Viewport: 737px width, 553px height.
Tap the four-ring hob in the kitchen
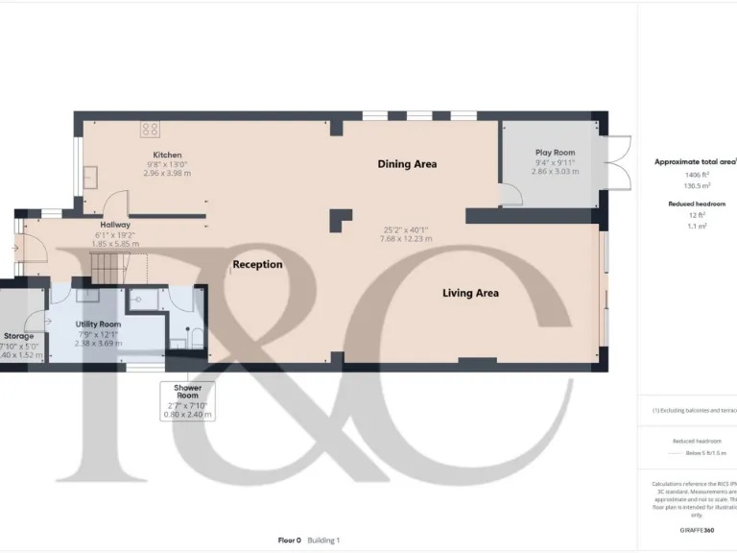pos(150,129)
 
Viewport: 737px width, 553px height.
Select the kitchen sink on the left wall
pos(89,177)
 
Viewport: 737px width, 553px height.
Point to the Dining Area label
pos(406,164)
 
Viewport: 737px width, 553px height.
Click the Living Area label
pos(469,293)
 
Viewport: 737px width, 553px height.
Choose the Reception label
pos(257,264)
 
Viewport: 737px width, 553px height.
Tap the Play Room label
pos(555,153)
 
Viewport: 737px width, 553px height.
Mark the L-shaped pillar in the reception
pos(339,221)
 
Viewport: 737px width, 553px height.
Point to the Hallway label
pos(115,224)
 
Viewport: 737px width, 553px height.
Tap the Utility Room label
pos(99,325)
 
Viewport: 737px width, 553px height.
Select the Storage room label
pos(19,336)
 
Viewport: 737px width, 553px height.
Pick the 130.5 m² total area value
pos(696,185)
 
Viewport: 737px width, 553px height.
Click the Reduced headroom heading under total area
pos(696,204)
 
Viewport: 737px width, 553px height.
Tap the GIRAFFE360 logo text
pos(696,530)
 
